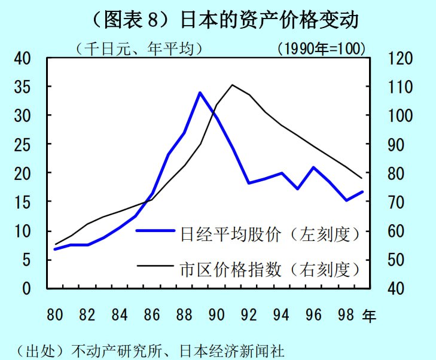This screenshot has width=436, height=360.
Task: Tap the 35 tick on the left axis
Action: [x=22, y=87]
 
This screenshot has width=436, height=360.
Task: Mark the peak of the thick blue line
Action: [x=200, y=93]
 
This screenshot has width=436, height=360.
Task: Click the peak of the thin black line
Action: [x=232, y=85]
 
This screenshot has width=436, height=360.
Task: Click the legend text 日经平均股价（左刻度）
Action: [x=271, y=233]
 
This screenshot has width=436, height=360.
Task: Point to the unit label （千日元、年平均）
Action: [x=139, y=48]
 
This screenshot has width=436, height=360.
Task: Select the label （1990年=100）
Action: [x=321, y=48]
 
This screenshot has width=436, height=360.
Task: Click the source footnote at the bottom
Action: [x=147, y=350]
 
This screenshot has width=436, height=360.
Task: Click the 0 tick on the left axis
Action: [x=26, y=288]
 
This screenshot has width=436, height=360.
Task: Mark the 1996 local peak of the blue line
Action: [x=313, y=167]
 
